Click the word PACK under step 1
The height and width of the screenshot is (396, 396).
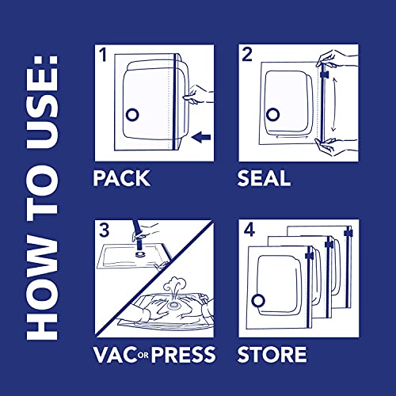point(122,177)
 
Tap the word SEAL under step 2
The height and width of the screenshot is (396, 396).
point(265,177)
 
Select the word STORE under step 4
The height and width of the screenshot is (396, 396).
point(272,353)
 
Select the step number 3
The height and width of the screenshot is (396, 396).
point(102,231)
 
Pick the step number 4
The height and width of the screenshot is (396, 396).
point(247,231)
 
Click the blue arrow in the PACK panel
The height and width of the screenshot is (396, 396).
point(201,138)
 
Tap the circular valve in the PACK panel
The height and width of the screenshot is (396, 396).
point(133,114)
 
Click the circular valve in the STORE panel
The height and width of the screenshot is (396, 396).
point(258,299)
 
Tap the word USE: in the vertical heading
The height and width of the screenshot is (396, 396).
point(47,95)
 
